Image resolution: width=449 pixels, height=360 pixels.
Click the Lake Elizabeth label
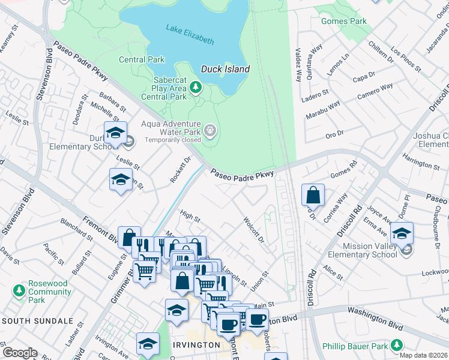coord(190,35)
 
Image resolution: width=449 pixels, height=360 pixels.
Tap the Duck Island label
coord(225,69)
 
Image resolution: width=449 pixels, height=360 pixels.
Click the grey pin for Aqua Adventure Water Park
coord(210,130)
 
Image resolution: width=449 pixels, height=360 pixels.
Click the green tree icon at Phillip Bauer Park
coord(396,345)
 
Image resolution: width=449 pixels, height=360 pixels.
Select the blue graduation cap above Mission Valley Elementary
coord(402,233)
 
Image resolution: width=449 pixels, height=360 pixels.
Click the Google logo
coord(20,353)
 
